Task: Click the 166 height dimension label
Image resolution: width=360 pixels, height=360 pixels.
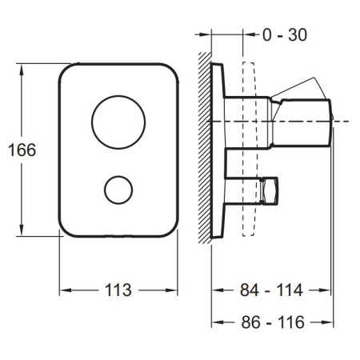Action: tap(22, 150)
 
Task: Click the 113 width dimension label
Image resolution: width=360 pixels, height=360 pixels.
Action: tap(118, 290)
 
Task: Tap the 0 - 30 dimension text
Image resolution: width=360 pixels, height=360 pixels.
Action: tap(285, 34)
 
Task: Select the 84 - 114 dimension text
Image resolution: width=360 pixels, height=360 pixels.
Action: tap(271, 290)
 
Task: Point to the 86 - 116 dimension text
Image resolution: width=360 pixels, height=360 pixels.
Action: tap(273, 322)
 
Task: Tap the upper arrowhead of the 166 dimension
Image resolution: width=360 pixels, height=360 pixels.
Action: tap(22, 70)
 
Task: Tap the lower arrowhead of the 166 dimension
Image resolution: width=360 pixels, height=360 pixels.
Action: tap(22, 230)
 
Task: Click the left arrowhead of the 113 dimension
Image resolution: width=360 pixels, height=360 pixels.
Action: tap(66, 290)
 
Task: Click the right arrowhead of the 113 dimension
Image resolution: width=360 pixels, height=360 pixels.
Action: tap(171, 290)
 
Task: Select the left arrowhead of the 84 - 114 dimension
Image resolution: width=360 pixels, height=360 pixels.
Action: tap(218, 290)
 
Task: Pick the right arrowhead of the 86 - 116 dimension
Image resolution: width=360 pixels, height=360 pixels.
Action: tap(327, 322)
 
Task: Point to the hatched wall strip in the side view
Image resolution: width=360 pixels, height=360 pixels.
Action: tap(205, 148)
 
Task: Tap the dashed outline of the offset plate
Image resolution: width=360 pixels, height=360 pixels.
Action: tap(242, 150)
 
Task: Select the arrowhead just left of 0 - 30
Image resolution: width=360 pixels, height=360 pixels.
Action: tap(249, 34)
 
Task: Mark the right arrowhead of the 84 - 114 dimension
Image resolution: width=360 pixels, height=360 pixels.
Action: tap(325, 290)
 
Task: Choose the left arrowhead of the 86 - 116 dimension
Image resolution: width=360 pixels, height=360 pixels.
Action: tap(218, 322)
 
